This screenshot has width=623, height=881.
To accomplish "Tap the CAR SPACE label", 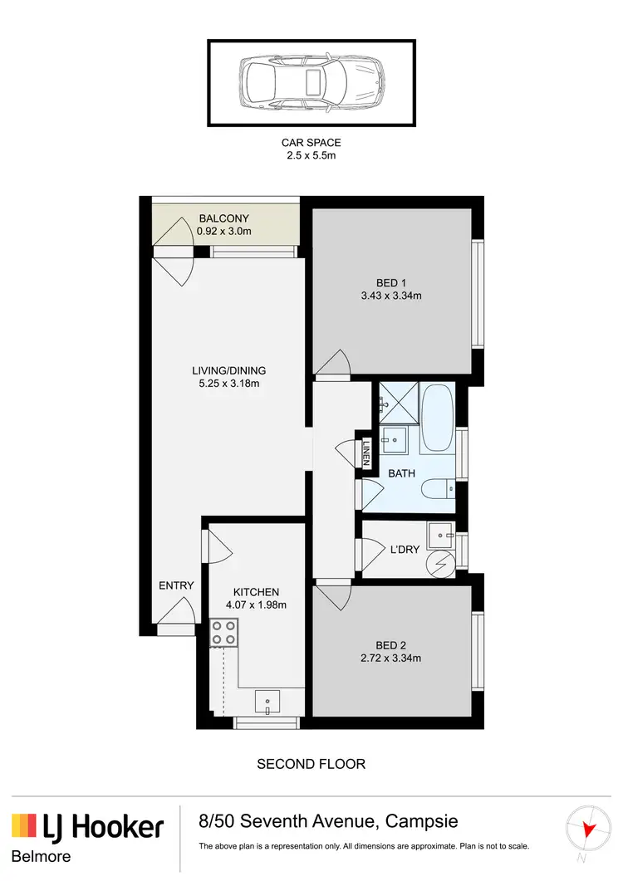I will point(311,143).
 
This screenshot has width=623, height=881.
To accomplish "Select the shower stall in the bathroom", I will point(398,403).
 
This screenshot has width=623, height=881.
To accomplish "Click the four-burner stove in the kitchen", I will point(223,634).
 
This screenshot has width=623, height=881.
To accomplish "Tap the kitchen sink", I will point(267,702).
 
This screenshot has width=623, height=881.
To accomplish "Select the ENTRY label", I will point(176,585).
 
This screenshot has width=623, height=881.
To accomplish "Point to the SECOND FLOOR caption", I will point(311,763).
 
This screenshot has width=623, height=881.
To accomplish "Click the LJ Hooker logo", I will point(87,827).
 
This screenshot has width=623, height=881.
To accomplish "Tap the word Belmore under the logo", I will point(41,856).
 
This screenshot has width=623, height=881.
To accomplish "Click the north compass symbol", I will point(588,830).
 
